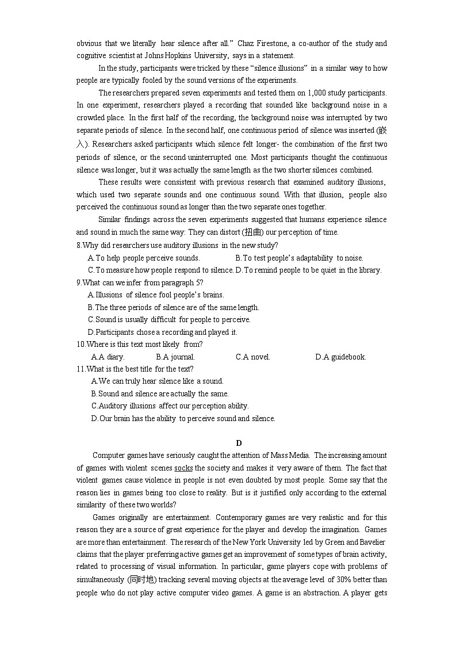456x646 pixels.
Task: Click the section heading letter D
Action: pyautogui.click(x=239, y=442)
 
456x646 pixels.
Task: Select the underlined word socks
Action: pyautogui.click(x=183, y=468)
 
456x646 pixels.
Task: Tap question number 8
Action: pyautogui.click(x=79, y=245)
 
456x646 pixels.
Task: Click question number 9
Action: pyautogui.click(x=79, y=282)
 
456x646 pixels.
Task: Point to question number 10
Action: pyautogui.click(x=81, y=344)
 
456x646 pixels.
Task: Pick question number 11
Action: pyautogui.click(x=81, y=369)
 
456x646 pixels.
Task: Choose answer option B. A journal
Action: pyautogui.click(x=175, y=357)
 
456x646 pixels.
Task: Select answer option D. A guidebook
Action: pyautogui.click(x=340, y=357)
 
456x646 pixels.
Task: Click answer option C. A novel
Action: pyautogui.click(x=252, y=357)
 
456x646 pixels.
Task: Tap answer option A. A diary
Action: pyautogui.click(x=108, y=357)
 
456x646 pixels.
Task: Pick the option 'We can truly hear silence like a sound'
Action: pyautogui.click(x=157, y=381)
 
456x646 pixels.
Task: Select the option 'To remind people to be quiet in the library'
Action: pyautogui.click(x=309, y=270)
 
